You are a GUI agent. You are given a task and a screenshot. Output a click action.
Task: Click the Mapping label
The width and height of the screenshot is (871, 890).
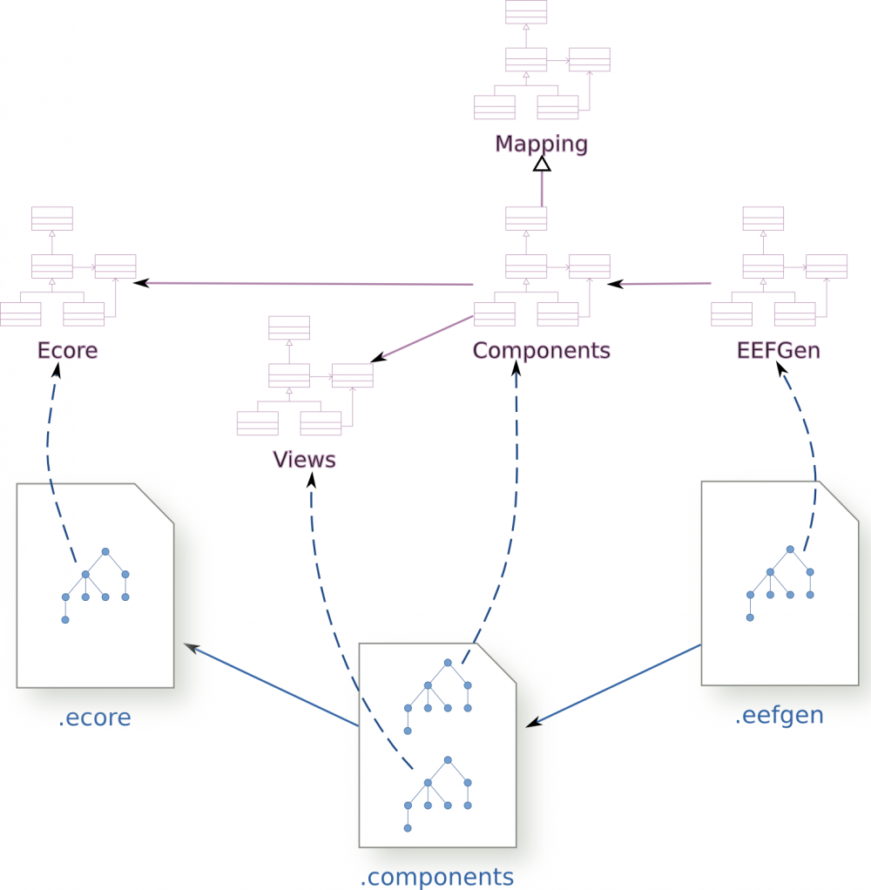click(x=541, y=144)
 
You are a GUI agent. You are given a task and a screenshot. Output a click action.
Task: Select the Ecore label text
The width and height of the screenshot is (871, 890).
click(x=67, y=350)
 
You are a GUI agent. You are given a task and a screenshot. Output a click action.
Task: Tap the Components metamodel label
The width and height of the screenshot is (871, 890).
click(x=541, y=350)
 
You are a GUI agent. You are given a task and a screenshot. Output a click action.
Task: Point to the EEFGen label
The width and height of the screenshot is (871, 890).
click(x=778, y=350)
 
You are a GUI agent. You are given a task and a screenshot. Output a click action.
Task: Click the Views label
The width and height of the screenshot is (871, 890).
click(x=304, y=459)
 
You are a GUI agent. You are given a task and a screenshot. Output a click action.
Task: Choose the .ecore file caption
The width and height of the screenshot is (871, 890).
click(x=94, y=718)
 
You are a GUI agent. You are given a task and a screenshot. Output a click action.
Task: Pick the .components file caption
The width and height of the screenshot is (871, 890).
click(x=436, y=875)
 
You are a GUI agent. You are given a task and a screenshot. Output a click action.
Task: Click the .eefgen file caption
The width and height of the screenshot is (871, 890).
click(x=779, y=716)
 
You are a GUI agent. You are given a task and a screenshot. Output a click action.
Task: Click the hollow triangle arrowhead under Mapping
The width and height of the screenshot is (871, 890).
click(x=542, y=163)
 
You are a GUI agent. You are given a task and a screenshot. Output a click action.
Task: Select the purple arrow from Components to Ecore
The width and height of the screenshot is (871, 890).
click(x=305, y=283)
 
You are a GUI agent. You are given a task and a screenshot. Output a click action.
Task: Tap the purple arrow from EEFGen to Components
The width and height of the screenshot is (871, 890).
click(x=662, y=283)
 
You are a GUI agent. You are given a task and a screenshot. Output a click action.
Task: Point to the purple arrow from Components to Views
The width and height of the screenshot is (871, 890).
click(x=422, y=339)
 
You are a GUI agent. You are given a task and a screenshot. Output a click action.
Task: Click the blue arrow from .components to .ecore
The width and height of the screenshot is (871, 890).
click(x=270, y=684)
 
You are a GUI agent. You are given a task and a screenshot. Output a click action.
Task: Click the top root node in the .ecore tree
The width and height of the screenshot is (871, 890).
click(x=105, y=551)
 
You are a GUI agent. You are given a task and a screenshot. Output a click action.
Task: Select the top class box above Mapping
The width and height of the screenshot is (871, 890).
click(x=526, y=11)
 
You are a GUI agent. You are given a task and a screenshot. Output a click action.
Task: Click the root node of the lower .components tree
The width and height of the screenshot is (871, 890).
click(x=448, y=759)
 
